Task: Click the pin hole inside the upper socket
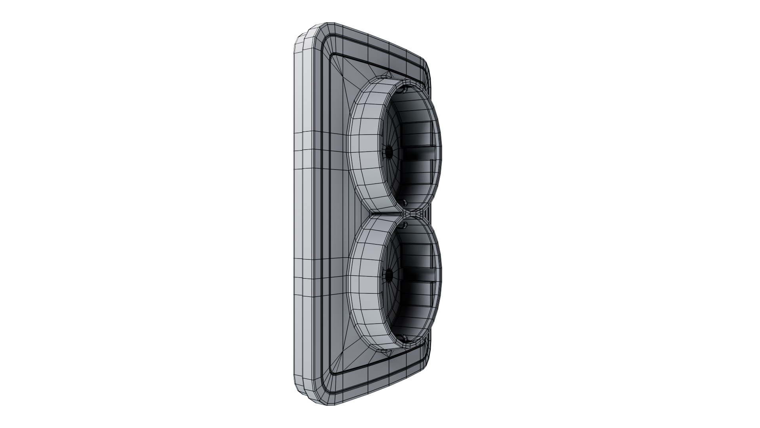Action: click(388, 151)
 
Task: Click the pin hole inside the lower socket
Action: click(388, 273)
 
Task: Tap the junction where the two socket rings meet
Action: click(408, 214)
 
